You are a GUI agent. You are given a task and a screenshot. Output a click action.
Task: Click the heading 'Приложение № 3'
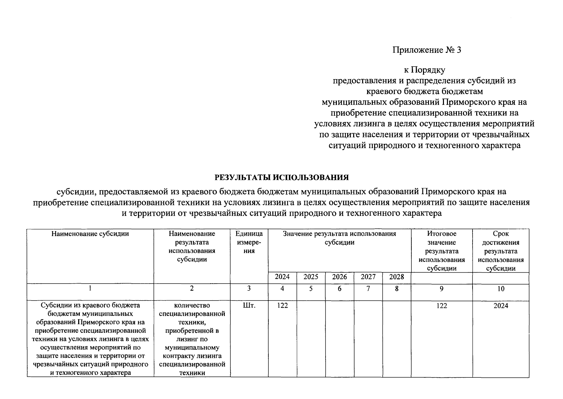pyautogui.click(x=427, y=50)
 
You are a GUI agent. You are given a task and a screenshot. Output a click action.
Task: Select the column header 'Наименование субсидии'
pyautogui.click(x=90, y=234)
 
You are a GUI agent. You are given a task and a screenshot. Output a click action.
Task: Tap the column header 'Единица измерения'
pyautogui.click(x=249, y=242)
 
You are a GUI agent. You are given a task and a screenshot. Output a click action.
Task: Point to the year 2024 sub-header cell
pyautogui.click(x=282, y=277)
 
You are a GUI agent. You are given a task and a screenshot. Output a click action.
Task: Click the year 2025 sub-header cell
pyautogui.click(x=311, y=277)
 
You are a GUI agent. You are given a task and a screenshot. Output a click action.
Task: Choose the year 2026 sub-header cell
pyautogui.click(x=339, y=277)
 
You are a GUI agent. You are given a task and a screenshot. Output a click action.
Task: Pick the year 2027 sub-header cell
pyautogui.click(x=368, y=277)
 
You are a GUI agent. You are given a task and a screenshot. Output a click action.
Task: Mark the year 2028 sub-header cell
pyautogui.click(x=396, y=277)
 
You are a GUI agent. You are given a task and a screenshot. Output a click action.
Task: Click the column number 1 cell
pyautogui.click(x=90, y=289)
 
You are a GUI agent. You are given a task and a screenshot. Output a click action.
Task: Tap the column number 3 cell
pyautogui.click(x=249, y=289)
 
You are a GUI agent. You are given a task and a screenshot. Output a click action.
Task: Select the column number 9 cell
pyautogui.click(x=441, y=289)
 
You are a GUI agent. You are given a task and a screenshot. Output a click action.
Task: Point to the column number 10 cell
pyautogui.click(x=500, y=289)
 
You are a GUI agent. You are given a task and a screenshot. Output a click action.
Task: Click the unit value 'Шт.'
pyautogui.click(x=249, y=306)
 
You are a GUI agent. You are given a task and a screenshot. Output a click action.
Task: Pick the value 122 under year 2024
pyautogui.click(x=282, y=306)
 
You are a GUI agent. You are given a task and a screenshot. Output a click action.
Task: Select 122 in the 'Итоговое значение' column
pyautogui.click(x=442, y=306)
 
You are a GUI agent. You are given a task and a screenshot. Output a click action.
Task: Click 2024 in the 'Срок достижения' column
pyautogui.click(x=500, y=306)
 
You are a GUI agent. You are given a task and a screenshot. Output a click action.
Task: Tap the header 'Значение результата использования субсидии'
pyautogui.click(x=339, y=238)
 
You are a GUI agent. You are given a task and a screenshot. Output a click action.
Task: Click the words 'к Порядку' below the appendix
pyautogui.click(x=424, y=70)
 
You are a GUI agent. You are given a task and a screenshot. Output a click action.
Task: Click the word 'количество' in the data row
pyautogui.click(x=192, y=305)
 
